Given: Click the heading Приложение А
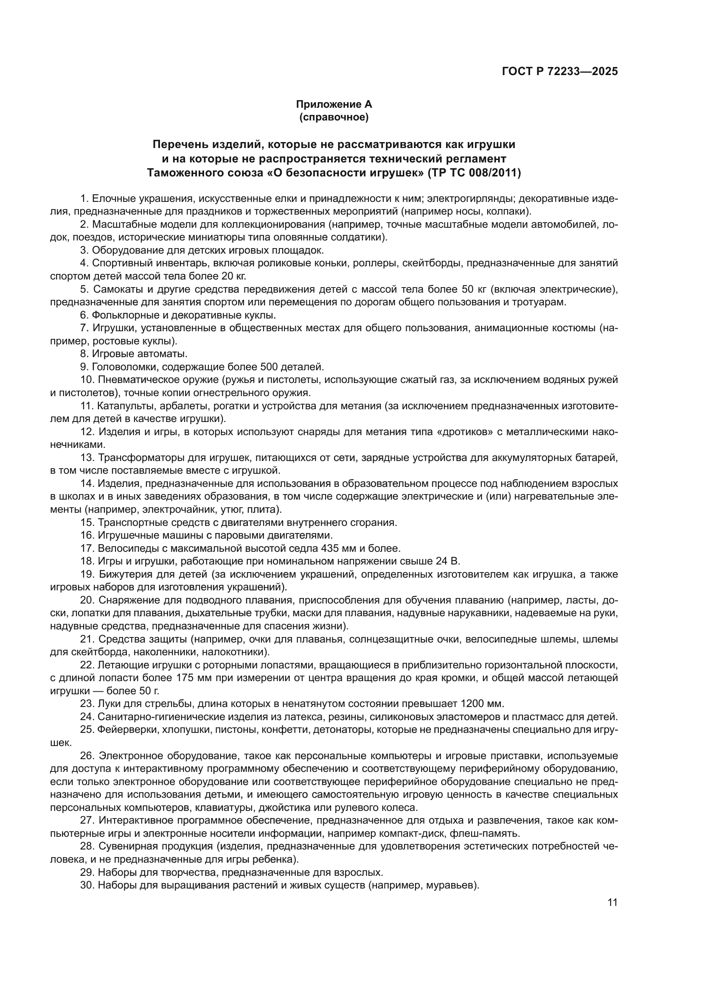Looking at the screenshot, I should tap(334, 104).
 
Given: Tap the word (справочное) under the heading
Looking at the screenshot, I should tap(334, 117).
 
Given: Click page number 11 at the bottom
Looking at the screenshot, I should tap(612, 902).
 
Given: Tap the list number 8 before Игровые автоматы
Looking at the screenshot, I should tap(84, 354).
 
